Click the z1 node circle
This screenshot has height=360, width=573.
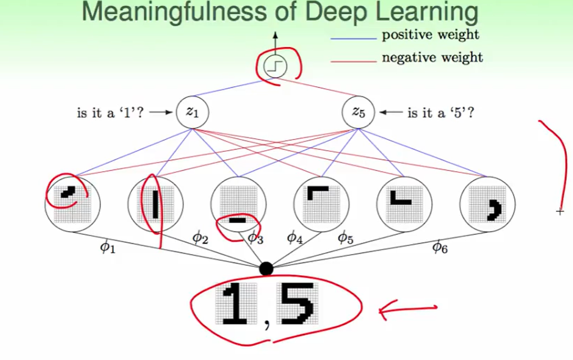[192, 112]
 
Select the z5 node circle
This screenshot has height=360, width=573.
[357, 112]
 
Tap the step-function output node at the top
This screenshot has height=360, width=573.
[275, 67]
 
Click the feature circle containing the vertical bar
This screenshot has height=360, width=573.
[155, 204]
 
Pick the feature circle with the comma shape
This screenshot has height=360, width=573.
[487, 204]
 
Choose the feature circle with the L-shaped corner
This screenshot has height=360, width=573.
[404, 204]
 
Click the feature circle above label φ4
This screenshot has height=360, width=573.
[321, 204]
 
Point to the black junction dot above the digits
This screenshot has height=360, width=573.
[267, 269]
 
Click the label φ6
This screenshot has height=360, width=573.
[439, 246]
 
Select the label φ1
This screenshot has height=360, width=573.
[107, 247]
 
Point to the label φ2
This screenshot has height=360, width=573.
[200, 238]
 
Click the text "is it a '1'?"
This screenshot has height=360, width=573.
[110, 113]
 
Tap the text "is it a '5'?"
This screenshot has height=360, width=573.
[441, 113]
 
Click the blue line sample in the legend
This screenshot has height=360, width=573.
[353, 39]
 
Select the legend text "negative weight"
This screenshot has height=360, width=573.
[432, 57]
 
